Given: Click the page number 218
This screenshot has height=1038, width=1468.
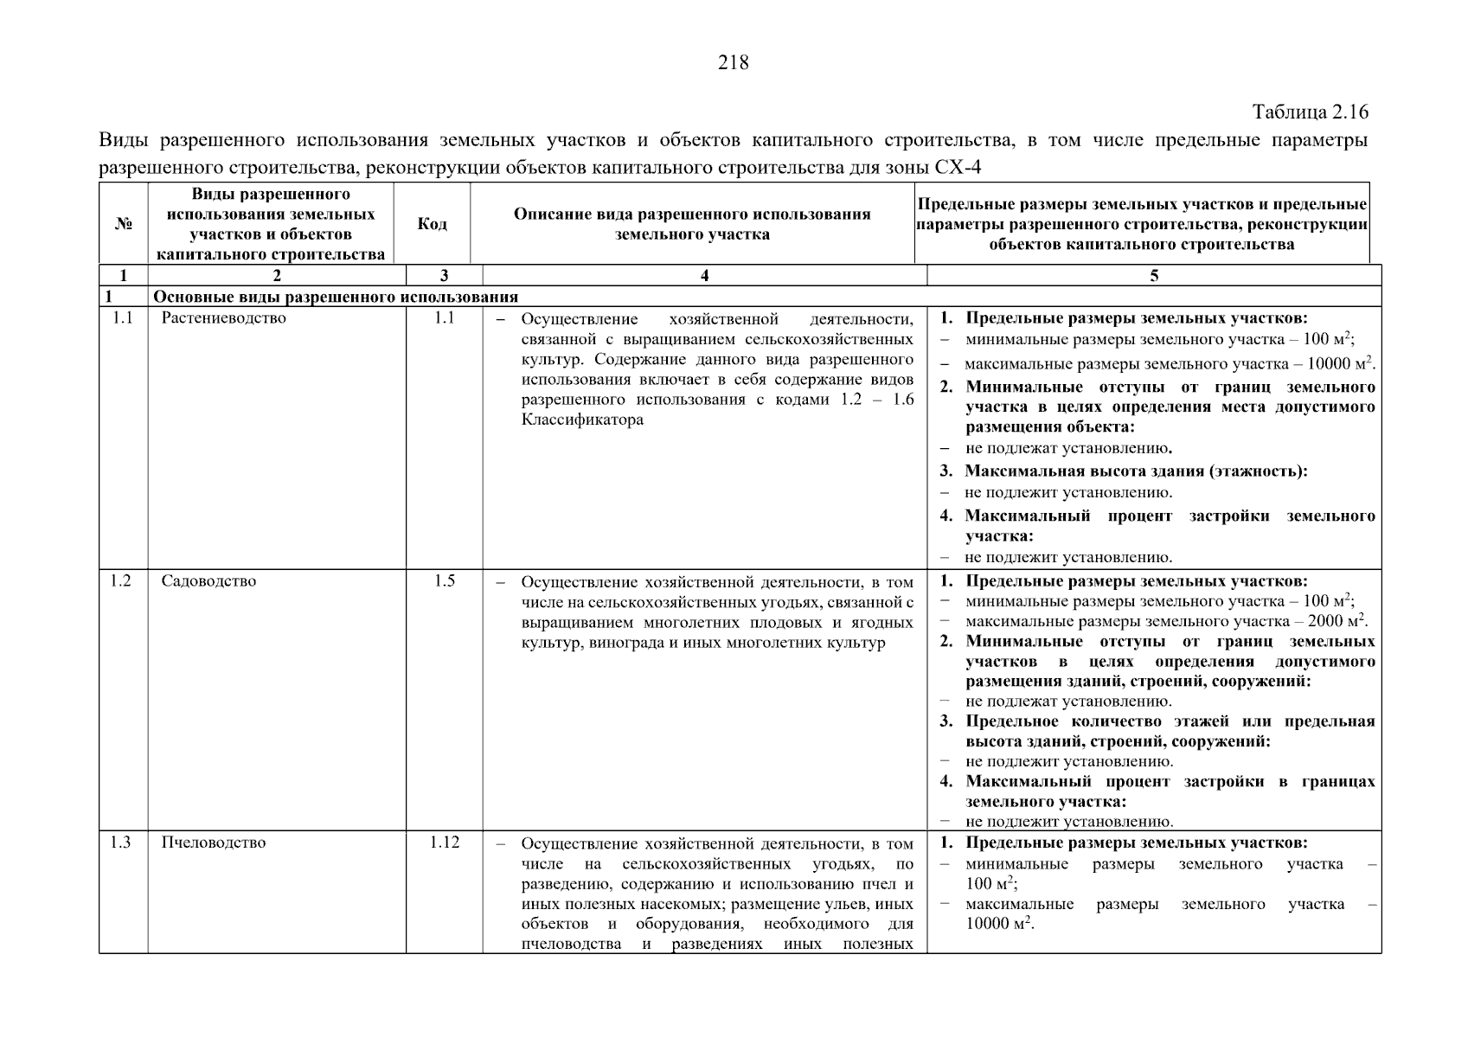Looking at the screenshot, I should [733, 62].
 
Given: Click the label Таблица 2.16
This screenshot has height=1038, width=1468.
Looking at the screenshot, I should [1310, 112].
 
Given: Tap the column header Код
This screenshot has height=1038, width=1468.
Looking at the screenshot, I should [432, 224].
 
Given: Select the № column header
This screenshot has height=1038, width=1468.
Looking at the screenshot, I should [123, 224].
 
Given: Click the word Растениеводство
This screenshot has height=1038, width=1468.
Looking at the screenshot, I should [223, 318].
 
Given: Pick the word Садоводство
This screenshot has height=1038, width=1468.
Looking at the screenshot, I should [208, 581].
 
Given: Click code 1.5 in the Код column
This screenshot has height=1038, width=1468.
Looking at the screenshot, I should [444, 581].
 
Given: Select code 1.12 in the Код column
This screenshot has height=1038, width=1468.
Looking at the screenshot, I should [444, 843].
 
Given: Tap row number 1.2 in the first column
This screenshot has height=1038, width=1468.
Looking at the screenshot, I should [121, 581].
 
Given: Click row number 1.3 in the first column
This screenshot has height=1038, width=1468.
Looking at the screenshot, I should [121, 843].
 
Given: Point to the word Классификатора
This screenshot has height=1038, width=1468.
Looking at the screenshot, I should [582, 420].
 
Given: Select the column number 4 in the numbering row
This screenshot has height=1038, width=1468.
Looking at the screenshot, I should [704, 276].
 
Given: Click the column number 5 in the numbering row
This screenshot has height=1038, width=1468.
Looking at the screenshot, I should [1154, 276].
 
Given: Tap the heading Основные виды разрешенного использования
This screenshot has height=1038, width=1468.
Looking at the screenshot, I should [335, 298].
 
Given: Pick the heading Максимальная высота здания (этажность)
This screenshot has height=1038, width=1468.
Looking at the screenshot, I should [1135, 471].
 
